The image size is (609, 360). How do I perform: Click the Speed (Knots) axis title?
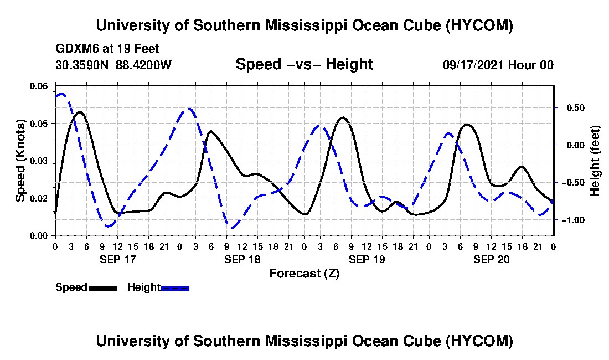click(x=20, y=161)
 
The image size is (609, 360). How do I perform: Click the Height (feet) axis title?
click(x=595, y=161)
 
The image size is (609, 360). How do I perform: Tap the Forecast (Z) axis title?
click(x=304, y=274)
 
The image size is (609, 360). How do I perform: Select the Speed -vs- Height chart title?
click(x=304, y=64)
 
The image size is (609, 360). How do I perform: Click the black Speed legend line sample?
click(x=103, y=288)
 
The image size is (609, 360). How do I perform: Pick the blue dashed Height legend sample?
click(x=175, y=288)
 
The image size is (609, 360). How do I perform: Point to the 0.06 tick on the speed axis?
click(x=38, y=86)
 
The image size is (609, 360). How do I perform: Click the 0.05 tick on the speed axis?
click(x=38, y=124)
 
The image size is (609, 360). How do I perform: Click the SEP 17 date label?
click(x=118, y=259)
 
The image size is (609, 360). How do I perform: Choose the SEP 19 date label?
click(x=367, y=259)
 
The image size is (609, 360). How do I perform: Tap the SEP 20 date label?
click(x=491, y=259)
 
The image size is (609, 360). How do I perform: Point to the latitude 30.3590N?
click(x=82, y=65)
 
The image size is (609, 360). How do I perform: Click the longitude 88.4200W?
click(x=143, y=65)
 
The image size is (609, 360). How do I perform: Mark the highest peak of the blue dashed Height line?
click(x=61, y=94)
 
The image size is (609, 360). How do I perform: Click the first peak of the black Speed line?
click(x=80, y=112)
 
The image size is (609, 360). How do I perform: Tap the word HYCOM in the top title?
click(x=479, y=25)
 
